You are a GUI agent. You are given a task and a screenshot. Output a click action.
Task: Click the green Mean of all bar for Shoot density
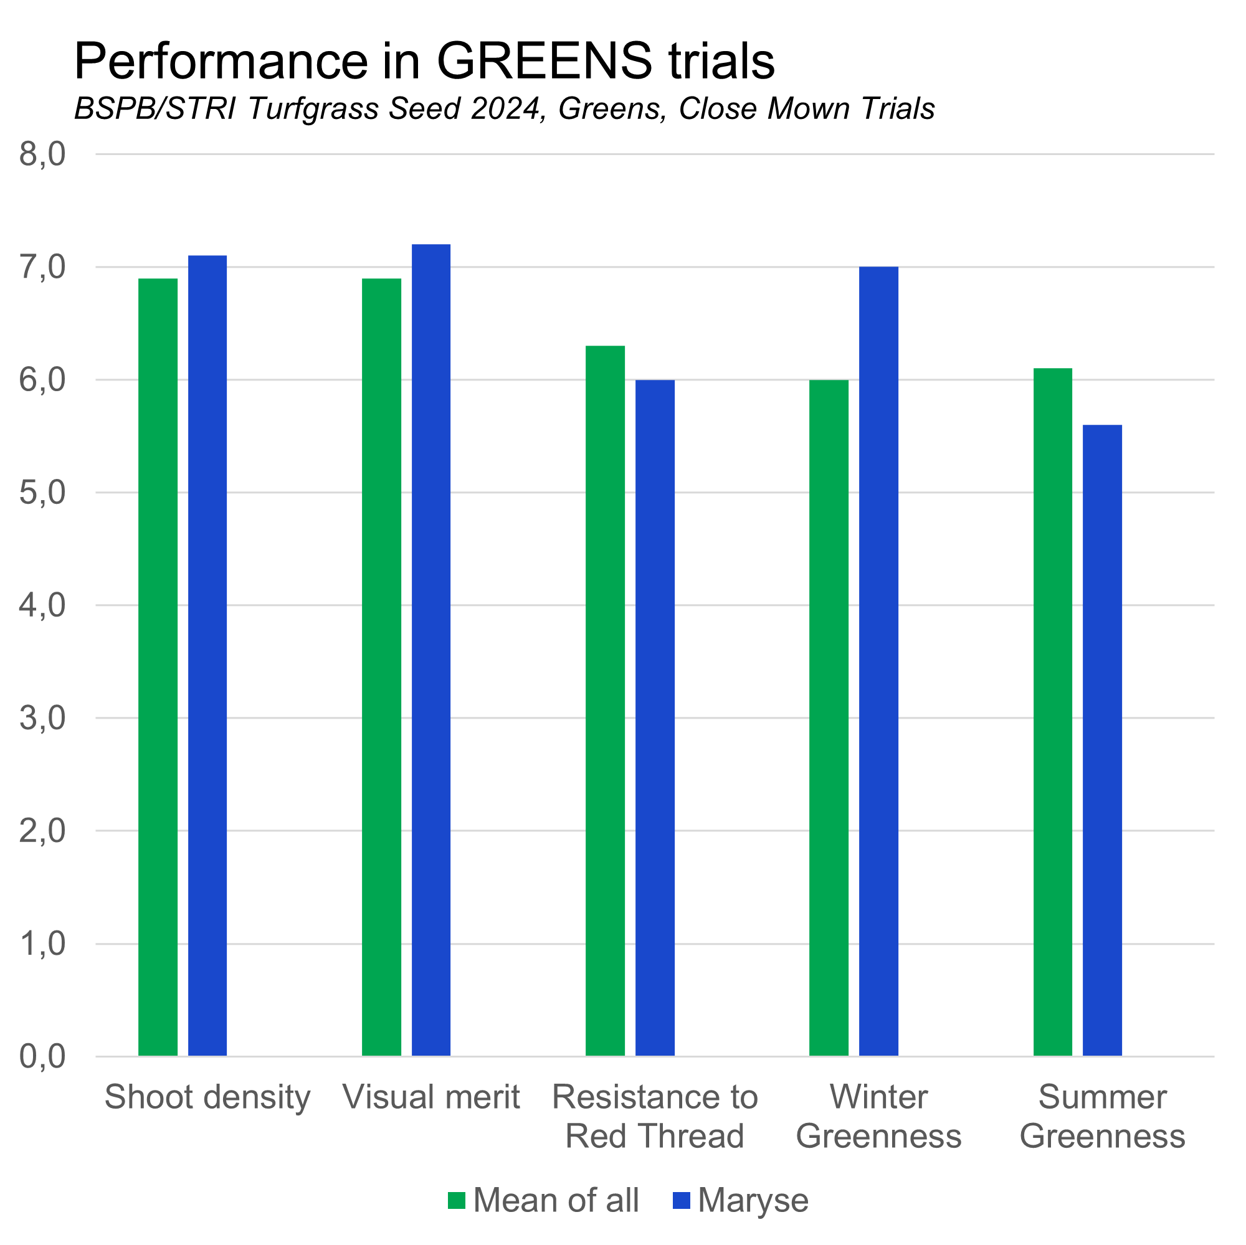click(158, 667)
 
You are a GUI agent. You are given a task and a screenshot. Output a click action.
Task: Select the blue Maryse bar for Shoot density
click(207, 656)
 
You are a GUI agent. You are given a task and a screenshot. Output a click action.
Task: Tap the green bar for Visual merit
click(382, 667)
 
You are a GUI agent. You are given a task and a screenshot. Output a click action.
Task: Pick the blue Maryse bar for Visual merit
click(432, 650)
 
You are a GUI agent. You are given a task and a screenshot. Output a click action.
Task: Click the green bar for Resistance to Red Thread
click(606, 701)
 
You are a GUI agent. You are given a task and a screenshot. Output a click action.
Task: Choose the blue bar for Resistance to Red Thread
click(655, 717)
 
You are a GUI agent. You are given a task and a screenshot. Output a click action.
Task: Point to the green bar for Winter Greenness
click(829, 717)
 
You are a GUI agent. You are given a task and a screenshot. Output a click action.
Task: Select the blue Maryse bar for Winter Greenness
click(879, 661)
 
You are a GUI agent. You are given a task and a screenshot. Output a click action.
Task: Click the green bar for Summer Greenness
click(1053, 712)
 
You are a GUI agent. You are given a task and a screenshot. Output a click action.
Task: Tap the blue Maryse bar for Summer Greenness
click(1103, 740)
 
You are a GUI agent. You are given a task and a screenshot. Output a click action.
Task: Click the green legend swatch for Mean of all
click(457, 1201)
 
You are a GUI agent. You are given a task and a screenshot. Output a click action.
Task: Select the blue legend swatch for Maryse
click(681, 1201)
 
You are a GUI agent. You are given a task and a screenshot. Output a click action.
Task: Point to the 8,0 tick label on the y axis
click(42, 154)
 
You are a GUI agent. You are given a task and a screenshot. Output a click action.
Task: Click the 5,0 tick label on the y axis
click(42, 493)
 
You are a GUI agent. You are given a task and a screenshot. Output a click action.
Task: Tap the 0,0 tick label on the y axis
click(42, 1057)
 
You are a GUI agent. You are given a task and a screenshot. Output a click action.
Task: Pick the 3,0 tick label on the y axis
click(42, 718)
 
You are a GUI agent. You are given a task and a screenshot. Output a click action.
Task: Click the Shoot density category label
click(207, 1097)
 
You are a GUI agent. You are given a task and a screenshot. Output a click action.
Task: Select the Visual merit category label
click(432, 1097)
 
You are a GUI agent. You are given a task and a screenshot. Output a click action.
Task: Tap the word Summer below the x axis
click(1103, 1097)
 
